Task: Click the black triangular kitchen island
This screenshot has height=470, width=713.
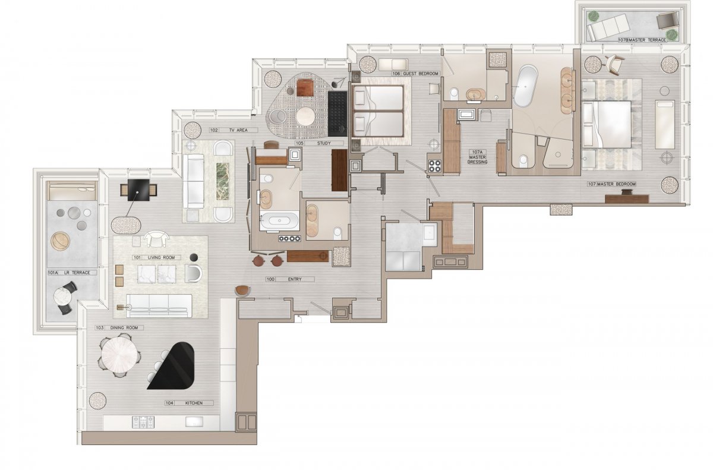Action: [x=174, y=369]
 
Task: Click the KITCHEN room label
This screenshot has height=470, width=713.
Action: [x=194, y=403]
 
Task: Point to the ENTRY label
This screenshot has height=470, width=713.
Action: [x=295, y=279]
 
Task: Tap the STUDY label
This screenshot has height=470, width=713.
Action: [x=324, y=143]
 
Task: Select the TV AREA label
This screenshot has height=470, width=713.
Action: [x=238, y=130]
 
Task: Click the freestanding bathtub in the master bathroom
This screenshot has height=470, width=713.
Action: [x=525, y=86]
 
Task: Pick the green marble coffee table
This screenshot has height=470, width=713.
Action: [x=223, y=181]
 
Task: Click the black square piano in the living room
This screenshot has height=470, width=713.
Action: [x=138, y=190]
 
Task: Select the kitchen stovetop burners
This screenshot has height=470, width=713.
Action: [x=143, y=422]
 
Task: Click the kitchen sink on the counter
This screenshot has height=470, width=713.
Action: [x=194, y=422]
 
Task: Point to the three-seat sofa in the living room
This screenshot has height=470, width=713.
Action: [x=159, y=306]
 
